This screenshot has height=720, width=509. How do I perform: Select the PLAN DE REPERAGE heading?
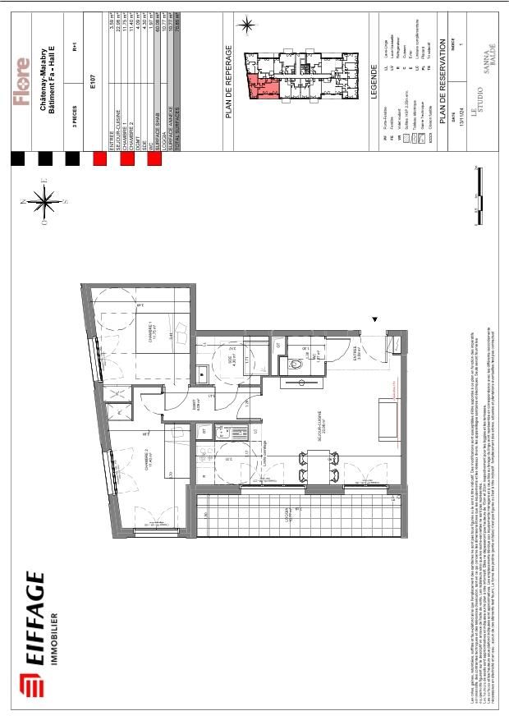click(231, 81)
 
